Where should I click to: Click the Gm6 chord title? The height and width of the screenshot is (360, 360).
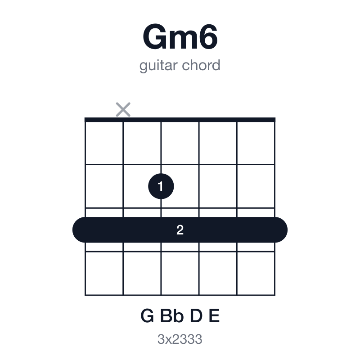[x=180, y=37]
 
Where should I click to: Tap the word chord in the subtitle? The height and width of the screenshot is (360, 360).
[x=201, y=65]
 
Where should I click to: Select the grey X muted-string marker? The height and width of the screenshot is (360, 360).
[x=123, y=109]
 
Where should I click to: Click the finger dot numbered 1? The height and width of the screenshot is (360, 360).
[x=161, y=186]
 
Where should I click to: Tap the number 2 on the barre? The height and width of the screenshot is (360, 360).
[x=180, y=230]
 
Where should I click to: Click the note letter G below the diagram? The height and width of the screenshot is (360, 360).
[x=147, y=316]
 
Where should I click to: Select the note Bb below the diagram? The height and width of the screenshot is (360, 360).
[x=172, y=316]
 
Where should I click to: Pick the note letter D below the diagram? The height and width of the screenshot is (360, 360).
[x=196, y=316]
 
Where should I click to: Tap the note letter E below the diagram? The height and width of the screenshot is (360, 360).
[x=214, y=316]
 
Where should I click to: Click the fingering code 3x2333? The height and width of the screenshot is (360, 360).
[x=180, y=339]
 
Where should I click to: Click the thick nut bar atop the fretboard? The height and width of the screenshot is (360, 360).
[x=180, y=120]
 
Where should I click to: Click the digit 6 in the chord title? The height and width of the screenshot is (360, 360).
[x=208, y=37]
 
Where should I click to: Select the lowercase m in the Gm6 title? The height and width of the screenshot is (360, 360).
[x=183, y=40]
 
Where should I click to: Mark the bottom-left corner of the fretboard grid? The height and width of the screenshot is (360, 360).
[x=85, y=295]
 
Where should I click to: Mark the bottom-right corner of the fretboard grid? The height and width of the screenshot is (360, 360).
[x=275, y=295]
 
